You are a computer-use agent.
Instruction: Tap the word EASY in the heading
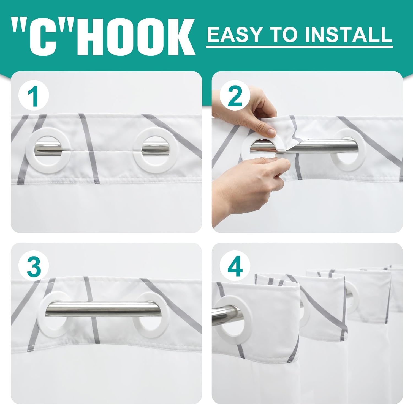[235, 34]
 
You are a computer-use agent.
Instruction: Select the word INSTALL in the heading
[349, 34]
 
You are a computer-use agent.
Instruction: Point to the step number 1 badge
[34, 96]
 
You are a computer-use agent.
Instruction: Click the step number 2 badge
[235, 96]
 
